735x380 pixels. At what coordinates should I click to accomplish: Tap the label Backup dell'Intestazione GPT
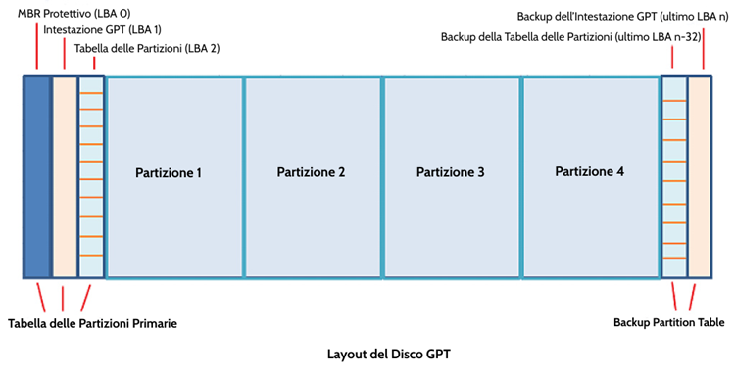pyautogui.click(x=621, y=17)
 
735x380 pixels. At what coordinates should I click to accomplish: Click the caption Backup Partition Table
pyautogui.click(x=670, y=321)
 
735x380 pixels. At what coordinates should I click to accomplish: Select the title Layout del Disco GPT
pyautogui.click(x=390, y=355)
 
